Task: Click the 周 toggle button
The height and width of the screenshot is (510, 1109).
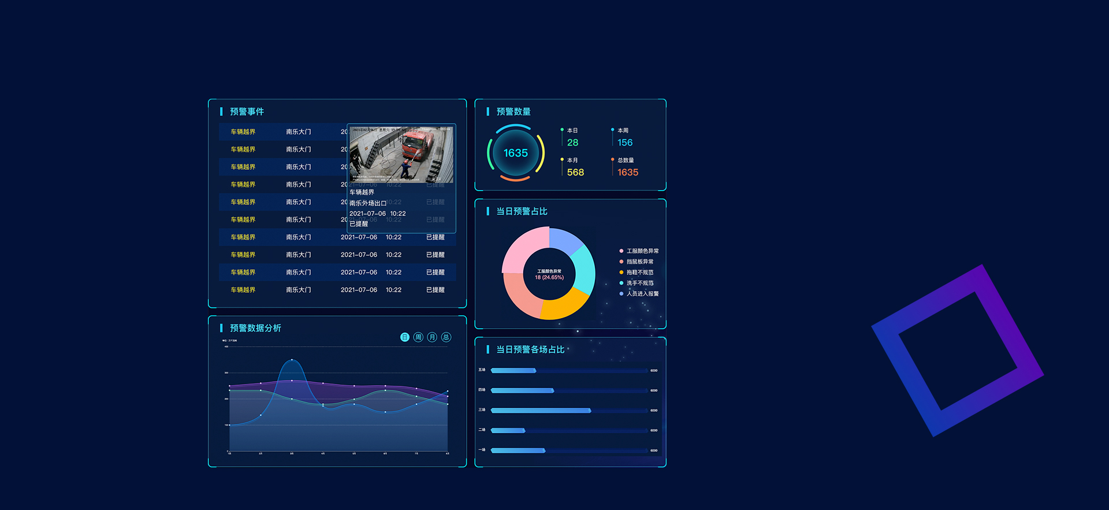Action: (x=418, y=337)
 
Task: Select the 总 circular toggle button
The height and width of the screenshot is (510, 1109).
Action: (x=446, y=337)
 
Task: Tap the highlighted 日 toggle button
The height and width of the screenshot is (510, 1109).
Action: (x=404, y=337)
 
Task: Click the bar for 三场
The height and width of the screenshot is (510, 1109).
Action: (x=541, y=411)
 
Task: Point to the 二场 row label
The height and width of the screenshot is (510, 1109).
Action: (x=482, y=430)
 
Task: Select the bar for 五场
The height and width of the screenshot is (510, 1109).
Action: (x=513, y=371)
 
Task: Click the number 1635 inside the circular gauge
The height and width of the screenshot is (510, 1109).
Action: (x=515, y=153)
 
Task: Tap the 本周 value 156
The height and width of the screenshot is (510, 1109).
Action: (x=625, y=143)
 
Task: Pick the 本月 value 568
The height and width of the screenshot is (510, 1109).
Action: (x=575, y=173)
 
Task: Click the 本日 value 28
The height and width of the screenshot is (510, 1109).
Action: (x=572, y=143)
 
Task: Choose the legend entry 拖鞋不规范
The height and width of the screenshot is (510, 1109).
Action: (x=639, y=273)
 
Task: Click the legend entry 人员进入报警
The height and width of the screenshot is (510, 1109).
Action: (x=642, y=294)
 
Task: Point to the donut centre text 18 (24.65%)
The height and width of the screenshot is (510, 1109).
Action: (x=549, y=278)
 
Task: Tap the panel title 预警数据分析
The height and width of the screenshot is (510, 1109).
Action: (x=255, y=328)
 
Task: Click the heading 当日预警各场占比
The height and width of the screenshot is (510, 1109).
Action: (x=530, y=349)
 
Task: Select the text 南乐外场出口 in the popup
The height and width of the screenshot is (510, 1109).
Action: (x=368, y=203)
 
